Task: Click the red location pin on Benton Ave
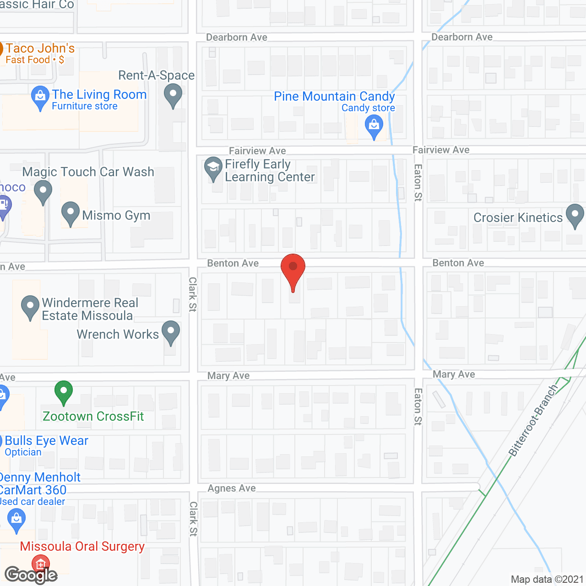(293, 267)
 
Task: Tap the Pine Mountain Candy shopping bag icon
(374, 125)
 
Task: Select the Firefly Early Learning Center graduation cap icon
(213, 168)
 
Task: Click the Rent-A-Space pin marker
(173, 96)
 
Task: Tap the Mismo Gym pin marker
(71, 212)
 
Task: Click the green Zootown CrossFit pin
(64, 391)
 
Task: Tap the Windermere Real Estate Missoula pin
(30, 306)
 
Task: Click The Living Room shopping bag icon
(40, 97)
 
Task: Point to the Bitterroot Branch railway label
(533, 420)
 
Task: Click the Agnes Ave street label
(232, 488)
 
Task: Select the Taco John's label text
(40, 49)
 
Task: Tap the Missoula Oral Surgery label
(82, 547)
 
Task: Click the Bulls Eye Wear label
(47, 441)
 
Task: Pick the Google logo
(31, 575)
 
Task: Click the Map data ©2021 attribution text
(547, 580)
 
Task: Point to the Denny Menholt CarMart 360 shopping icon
(16, 519)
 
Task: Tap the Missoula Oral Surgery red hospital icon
(40, 564)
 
